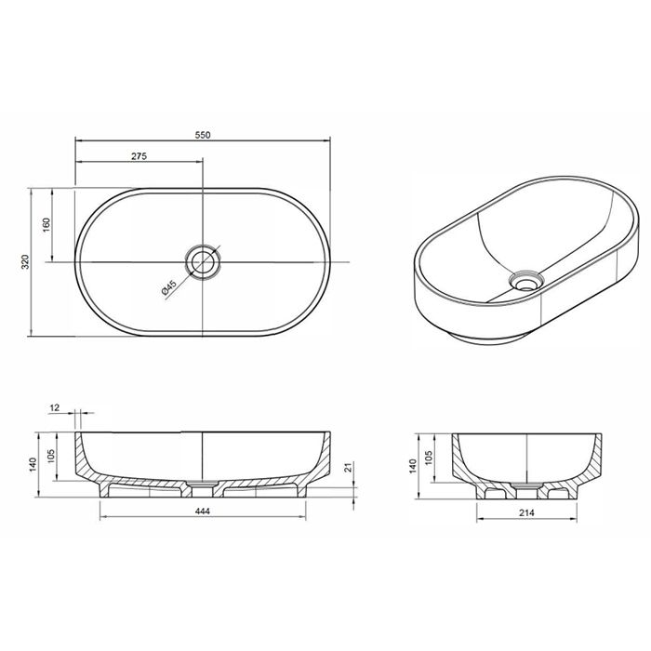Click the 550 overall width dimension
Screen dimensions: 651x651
coord(202,134)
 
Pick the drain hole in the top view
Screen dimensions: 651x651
coord(202,261)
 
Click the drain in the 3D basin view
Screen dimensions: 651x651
coord(527,280)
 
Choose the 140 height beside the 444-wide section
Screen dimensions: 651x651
coord(33,461)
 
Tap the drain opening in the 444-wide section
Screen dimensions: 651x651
coord(202,485)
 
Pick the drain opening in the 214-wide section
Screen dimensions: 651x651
coord(526,486)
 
